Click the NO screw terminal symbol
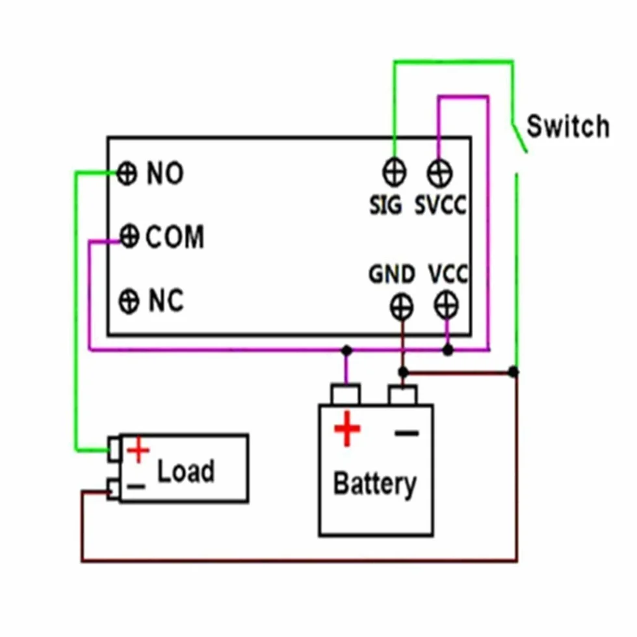coord(127,174)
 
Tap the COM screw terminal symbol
coord(129,235)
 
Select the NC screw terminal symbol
coord(129,301)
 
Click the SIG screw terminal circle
coord(394,172)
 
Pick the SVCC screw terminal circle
coord(439,173)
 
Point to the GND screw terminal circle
coord(402,307)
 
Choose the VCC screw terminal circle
coord(447,305)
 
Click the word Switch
coord(568,126)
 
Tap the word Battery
coord(374,484)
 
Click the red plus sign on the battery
coord(347,428)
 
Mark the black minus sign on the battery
coord(407,434)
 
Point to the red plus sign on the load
coord(138,450)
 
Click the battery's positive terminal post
coord(346,394)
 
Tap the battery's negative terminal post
coord(402,395)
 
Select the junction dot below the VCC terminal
coord(448,350)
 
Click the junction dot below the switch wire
coord(513,371)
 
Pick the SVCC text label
coord(441,205)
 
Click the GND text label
coord(391,274)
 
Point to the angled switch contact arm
coord(519,137)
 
